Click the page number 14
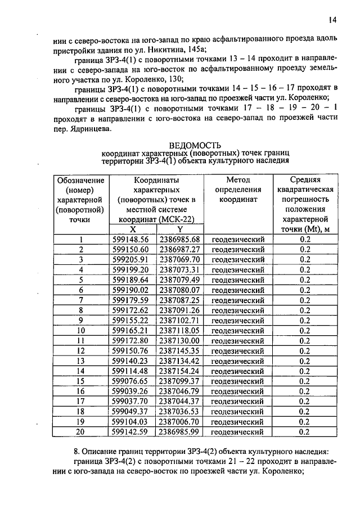point(332,20)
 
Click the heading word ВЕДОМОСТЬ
point(195,145)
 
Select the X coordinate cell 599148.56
point(130,240)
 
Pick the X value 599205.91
point(130,260)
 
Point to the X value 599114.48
point(130,371)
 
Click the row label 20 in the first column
point(80,432)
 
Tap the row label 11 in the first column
point(80,341)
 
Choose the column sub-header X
point(133,229)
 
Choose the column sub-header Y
point(180,229)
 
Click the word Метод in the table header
point(238,180)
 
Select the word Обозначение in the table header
point(80,180)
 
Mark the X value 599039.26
point(130,391)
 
